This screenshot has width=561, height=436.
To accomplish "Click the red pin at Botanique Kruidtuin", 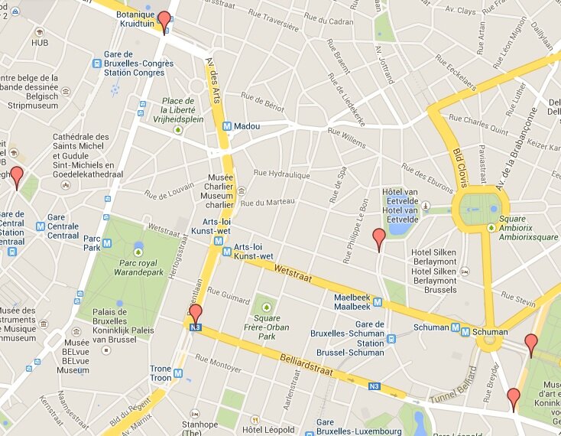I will pyautogui.click(x=164, y=21).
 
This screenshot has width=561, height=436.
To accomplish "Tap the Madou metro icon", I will pyautogui.click(x=227, y=126).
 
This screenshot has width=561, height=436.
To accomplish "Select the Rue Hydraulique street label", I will pyautogui.click(x=283, y=175).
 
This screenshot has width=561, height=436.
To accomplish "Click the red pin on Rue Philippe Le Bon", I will pyautogui.click(x=378, y=238).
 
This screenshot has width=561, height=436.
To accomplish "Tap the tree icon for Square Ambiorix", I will pyautogui.click(x=490, y=227).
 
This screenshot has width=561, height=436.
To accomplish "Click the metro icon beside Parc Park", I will pyautogui.click(x=107, y=243).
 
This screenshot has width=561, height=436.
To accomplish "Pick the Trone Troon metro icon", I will pyautogui.click(x=178, y=373).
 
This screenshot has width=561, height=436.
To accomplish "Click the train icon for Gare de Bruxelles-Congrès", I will pyautogui.click(x=97, y=63).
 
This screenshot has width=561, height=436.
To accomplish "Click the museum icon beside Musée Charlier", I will pyautogui.click(x=242, y=190).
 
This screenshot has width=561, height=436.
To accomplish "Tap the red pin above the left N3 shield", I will pyautogui.click(x=196, y=313).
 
